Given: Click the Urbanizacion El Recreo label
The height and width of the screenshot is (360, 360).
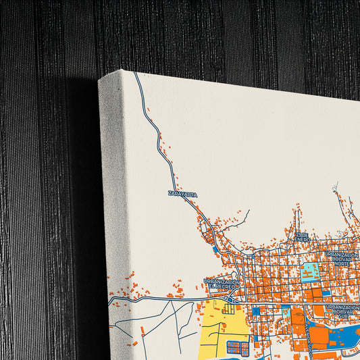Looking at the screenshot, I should pos(223,284).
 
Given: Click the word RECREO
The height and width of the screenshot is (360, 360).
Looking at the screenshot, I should pos(223,287).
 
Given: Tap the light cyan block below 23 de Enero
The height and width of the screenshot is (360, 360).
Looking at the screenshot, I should pos(310,272).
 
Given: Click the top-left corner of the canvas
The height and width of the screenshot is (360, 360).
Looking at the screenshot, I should pos(100,80).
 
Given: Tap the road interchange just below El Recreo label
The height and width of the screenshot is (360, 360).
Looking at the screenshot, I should pos(232,297).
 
